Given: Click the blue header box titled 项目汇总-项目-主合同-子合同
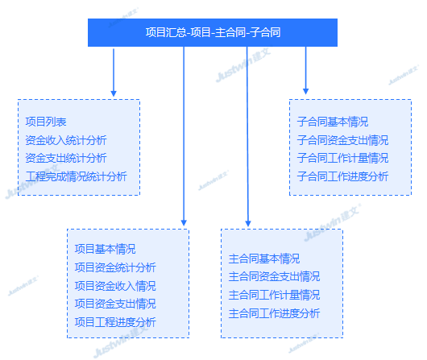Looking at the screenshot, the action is [x=213, y=32].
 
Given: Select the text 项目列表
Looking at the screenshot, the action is [x=46, y=122].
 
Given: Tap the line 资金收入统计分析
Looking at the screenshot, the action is [x=66, y=140].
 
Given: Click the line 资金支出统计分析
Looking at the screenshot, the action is [x=66, y=158].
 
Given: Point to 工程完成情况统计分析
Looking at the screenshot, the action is [x=76, y=176].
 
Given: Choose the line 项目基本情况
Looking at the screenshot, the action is [x=105, y=249].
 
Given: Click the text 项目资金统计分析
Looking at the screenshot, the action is [x=115, y=267].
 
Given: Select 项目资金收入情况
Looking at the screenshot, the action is [x=115, y=286].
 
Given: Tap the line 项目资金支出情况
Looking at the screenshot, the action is [x=115, y=304].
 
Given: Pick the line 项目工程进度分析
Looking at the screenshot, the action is [x=115, y=322].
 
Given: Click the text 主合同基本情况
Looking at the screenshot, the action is [x=264, y=259].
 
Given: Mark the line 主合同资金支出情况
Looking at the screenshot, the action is [x=274, y=276].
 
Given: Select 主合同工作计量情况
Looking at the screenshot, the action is [x=274, y=295].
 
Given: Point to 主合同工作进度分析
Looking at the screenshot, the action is [x=274, y=313].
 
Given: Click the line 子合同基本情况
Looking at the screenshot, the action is [x=333, y=122].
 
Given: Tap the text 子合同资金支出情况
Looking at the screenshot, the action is [x=342, y=140].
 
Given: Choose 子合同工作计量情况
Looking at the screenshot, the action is [x=342, y=158].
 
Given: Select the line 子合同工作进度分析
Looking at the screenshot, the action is [x=342, y=176].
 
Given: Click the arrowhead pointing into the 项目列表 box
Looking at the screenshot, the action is [x=114, y=93].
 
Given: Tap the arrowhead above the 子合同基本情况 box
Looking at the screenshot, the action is [x=305, y=92].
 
